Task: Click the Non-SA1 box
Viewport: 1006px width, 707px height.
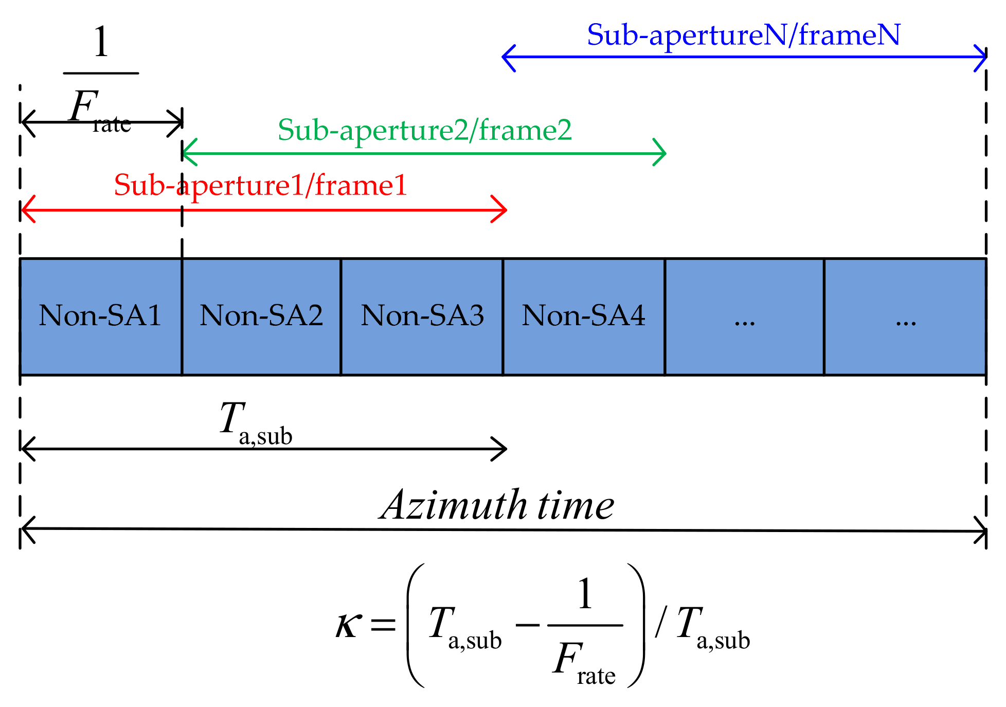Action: [100, 316]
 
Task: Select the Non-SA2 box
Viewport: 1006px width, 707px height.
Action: [261, 316]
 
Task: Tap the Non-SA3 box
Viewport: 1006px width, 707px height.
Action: [422, 316]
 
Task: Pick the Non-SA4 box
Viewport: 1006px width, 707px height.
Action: [583, 316]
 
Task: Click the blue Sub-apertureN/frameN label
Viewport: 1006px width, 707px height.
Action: [743, 35]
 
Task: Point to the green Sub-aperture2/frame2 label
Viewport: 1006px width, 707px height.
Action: [424, 130]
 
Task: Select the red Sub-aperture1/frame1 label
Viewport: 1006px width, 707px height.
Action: [260, 185]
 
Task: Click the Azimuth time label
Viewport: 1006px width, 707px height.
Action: [497, 505]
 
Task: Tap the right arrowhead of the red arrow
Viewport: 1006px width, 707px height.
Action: [501, 209]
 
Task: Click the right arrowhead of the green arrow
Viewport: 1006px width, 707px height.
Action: [661, 153]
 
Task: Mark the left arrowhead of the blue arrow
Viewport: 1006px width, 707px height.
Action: [507, 57]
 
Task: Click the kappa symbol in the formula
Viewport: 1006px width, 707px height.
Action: [348, 625]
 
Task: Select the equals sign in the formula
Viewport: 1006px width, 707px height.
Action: [383, 625]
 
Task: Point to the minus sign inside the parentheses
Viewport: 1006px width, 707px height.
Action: [527, 625]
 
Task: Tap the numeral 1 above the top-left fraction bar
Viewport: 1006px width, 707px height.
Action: [101, 42]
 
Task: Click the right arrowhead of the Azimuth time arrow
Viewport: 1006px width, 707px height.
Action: [981, 531]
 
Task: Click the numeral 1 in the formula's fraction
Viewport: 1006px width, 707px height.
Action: [585, 594]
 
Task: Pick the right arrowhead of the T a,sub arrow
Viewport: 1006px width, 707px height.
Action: [501, 449]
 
